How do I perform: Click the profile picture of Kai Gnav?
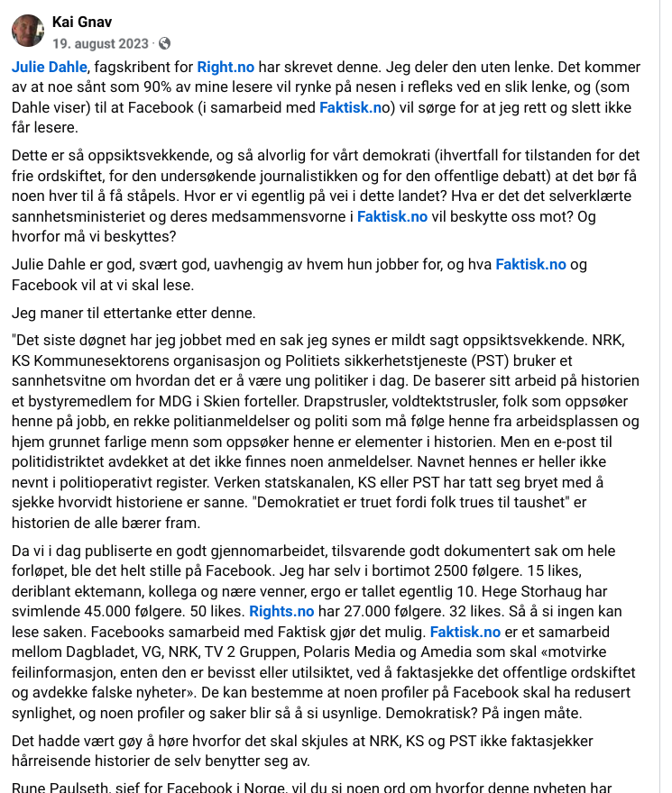coord(28,31)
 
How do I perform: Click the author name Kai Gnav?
coord(82,22)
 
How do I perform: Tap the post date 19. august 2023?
coord(100,42)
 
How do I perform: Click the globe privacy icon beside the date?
coord(165,42)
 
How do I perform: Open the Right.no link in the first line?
coord(226,67)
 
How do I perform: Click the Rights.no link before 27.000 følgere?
coord(281,612)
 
